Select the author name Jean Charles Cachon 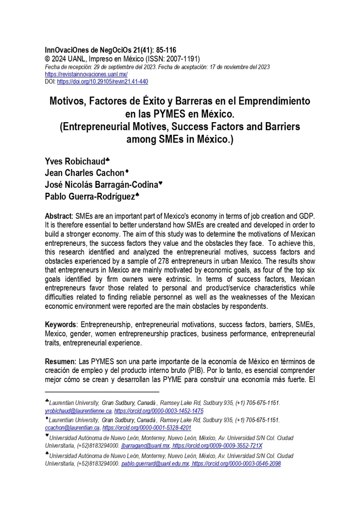coord(84,173)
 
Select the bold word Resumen coord(59,361)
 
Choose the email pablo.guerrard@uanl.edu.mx coord(155,464)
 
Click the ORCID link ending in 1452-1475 coord(159,411)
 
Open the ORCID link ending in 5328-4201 coord(147,428)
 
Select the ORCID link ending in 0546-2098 coord(236,464)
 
